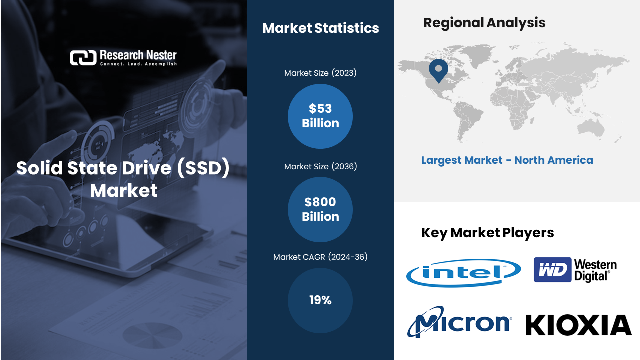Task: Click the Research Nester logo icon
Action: click(x=83, y=58)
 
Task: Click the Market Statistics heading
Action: click(x=320, y=28)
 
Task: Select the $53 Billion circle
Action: click(x=320, y=116)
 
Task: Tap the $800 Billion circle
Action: click(x=320, y=209)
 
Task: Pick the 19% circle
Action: click(x=320, y=300)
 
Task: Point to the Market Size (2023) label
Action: click(x=320, y=73)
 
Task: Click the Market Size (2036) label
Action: click(x=320, y=166)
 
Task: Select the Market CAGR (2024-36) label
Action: click(x=320, y=257)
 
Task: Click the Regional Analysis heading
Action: click(x=484, y=23)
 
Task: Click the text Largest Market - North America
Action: click(x=507, y=160)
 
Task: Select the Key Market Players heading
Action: click(x=487, y=233)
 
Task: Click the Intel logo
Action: click(x=463, y=273)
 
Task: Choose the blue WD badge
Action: click(x=552, y=270)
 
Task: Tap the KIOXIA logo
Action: click(x=578, y=325)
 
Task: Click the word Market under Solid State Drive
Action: click(x=124, y=190)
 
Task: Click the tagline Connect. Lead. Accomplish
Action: click(x=138, y=64)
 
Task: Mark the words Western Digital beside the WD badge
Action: click(x=595, y=270)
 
